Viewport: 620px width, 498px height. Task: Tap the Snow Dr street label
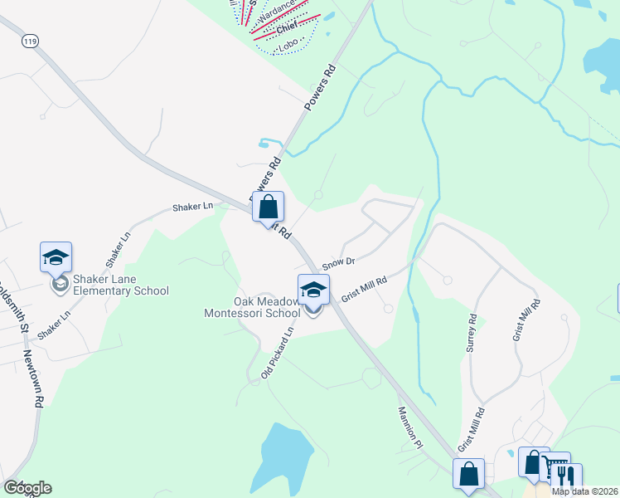[338, 262]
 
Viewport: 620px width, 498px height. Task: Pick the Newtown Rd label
[33, 378]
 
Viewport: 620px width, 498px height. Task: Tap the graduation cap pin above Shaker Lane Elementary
[56, 256]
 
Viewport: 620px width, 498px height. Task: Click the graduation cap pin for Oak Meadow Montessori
[313, 290]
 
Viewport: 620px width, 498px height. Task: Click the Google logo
[27, 488]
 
